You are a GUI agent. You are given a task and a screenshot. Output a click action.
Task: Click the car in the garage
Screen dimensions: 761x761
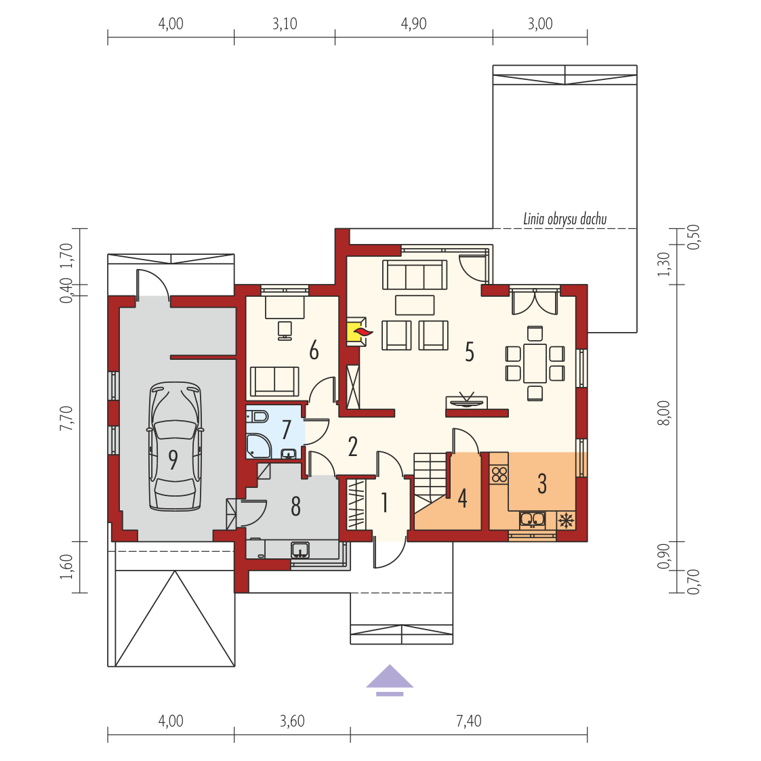(175, 447)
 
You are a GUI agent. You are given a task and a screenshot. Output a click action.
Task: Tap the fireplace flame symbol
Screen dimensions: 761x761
(363, 332)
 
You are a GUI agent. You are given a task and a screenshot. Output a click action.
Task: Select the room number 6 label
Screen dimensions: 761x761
(314, 350)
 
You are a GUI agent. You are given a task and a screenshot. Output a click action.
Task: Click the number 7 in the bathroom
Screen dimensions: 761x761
(287, 430)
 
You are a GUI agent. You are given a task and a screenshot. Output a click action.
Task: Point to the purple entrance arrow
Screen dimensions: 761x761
(389, 680)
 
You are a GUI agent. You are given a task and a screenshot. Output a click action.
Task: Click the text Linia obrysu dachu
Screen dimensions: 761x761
(565, 220)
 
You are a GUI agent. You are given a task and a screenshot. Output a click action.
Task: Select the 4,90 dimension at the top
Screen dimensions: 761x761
(413, 24)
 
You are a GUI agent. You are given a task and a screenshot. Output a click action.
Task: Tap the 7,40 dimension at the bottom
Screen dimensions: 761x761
(469, 721)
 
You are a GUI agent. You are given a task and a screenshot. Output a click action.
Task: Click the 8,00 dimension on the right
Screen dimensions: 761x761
(663, 413)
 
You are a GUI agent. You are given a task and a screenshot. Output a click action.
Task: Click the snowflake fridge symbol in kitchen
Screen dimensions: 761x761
(566, 520)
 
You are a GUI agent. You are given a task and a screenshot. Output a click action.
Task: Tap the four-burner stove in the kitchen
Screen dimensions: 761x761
(499, 474)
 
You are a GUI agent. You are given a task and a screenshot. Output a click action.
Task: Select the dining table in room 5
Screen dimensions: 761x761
(535, 363)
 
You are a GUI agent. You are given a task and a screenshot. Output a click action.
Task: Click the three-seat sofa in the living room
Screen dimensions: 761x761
(415, 274)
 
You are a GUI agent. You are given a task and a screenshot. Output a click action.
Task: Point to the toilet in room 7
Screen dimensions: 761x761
(258, 416)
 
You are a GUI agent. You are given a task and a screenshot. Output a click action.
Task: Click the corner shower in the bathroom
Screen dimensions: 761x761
(258, 446)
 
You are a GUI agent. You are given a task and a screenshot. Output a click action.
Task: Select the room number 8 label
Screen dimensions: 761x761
(295, 506)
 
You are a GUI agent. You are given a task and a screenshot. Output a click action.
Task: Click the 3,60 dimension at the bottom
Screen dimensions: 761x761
(292, 721)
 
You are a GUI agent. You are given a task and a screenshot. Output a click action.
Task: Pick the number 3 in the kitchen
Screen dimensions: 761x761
(542, 484)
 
